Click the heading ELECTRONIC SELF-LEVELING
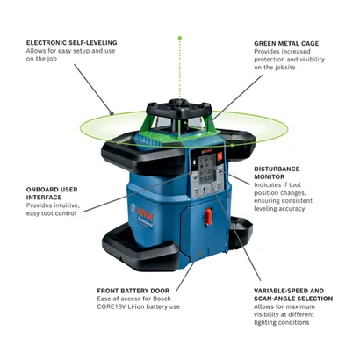pyautogui.click(x=72, y=43)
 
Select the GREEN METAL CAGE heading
pyautogui.click(x=286, y=43)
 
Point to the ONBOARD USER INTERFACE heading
pyautogui.click(x=52, y=193)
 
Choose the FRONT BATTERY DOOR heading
pyautogui.click(x=133, y=291)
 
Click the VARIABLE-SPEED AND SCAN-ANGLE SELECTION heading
pyautogui.click(x=293, y=294)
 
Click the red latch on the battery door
pyautogui.click(x=208, y=217)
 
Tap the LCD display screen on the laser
pyautogui.click(x=207, y=170)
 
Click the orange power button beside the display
pyautogui.click(x=220, y=156)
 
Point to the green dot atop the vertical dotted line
pyautogui.click(x=180, y=38)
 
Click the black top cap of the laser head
pyautogui.click(x=179, y=109)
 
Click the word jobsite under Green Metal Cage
pyautogui.click(x=285, y=68)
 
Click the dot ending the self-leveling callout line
pyautogui.click(x=112, y=113)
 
